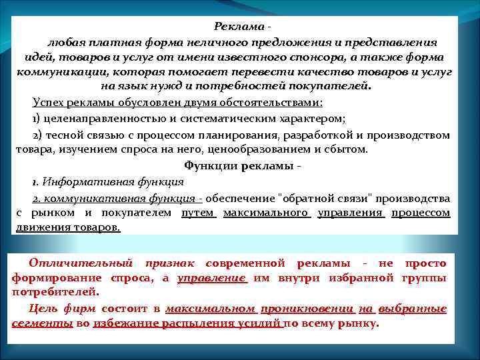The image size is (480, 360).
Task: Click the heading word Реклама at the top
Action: pos(238,26)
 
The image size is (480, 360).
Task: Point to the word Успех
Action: pos(49,103)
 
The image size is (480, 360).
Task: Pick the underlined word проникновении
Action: pos(307,309)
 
